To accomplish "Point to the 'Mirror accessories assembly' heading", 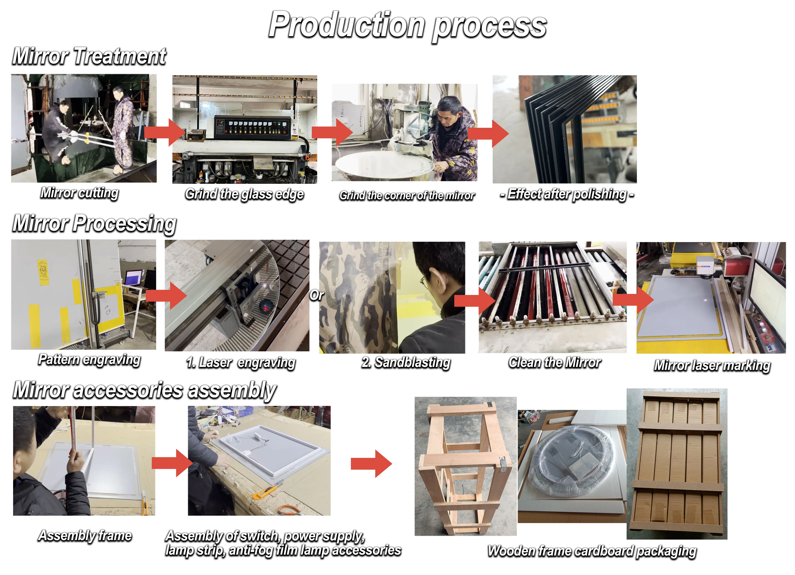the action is [144, 390].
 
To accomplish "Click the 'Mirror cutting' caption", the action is [79, 193].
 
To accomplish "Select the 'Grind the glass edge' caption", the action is [244, 194].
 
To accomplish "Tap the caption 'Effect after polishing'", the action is [567, 194].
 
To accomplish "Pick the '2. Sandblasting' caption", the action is [406, 362].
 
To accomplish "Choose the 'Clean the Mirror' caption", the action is [555, 362].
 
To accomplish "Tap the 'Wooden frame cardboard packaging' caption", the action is [592, 551].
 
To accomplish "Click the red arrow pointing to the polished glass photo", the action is [489, 133].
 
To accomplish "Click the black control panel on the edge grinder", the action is [252, 128].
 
